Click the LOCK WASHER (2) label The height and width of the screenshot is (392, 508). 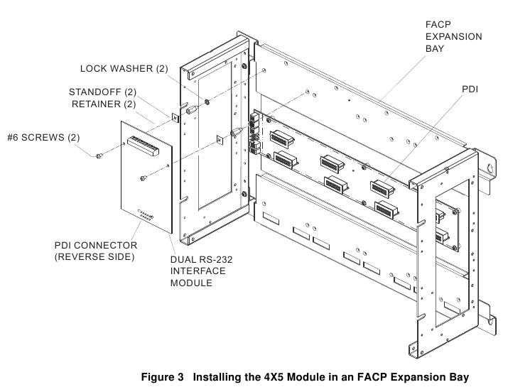(124, 69)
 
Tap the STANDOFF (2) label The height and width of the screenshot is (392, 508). (103, 92)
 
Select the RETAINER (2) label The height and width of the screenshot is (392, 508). (104, 104)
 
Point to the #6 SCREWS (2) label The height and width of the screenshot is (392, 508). (43, 138)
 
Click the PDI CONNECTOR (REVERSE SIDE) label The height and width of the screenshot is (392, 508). (96, 251)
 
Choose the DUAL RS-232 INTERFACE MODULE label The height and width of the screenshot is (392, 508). (202, 271)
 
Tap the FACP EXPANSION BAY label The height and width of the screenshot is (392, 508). (453, 36)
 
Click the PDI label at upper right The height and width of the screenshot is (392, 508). (470, 89)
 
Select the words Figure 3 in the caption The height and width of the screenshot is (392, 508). (162, 377)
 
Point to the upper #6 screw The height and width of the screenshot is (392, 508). (99, 156)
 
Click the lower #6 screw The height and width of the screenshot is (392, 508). (144, 178)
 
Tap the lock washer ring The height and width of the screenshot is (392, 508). (206, 102)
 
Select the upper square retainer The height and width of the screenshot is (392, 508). (175, 118)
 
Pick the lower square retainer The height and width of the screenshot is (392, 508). (220, 140)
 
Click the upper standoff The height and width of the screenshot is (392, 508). (192, 109)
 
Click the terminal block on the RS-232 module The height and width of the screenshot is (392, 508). (144, 146)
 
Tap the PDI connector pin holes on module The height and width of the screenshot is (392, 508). (146, 215)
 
